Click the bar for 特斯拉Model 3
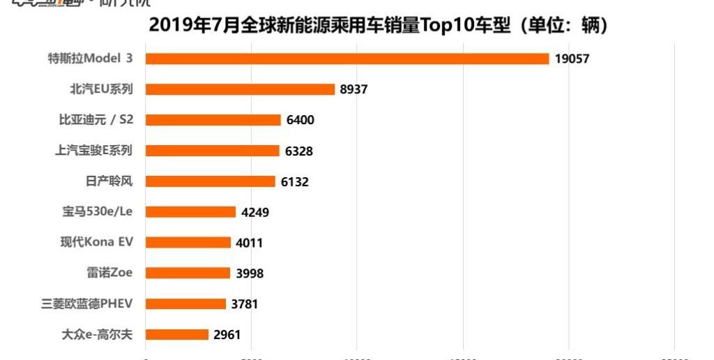click(x=347, y=59)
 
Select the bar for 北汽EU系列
click(x=241, y=89)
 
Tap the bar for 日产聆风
click(x=211, y=181)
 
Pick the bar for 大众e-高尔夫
click(x=177, y=335)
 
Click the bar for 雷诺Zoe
click(x=188, y=273)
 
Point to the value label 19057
click(x=572, y=59)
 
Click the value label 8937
click(x=354, y=89)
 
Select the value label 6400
click(x=300, y=120)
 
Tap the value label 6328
click(x=298, y=151)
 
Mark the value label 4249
click(x=255, y=212)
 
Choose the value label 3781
click(x=245, y=304)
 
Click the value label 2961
click(x=227, y=335)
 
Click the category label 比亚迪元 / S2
click(x=96, y=120)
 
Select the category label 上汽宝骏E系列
click(x=93, y=151)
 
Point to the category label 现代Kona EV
click(x=96, y=243)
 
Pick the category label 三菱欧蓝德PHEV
click(x=87, y=304)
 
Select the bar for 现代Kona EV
click(x=188, y=243)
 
